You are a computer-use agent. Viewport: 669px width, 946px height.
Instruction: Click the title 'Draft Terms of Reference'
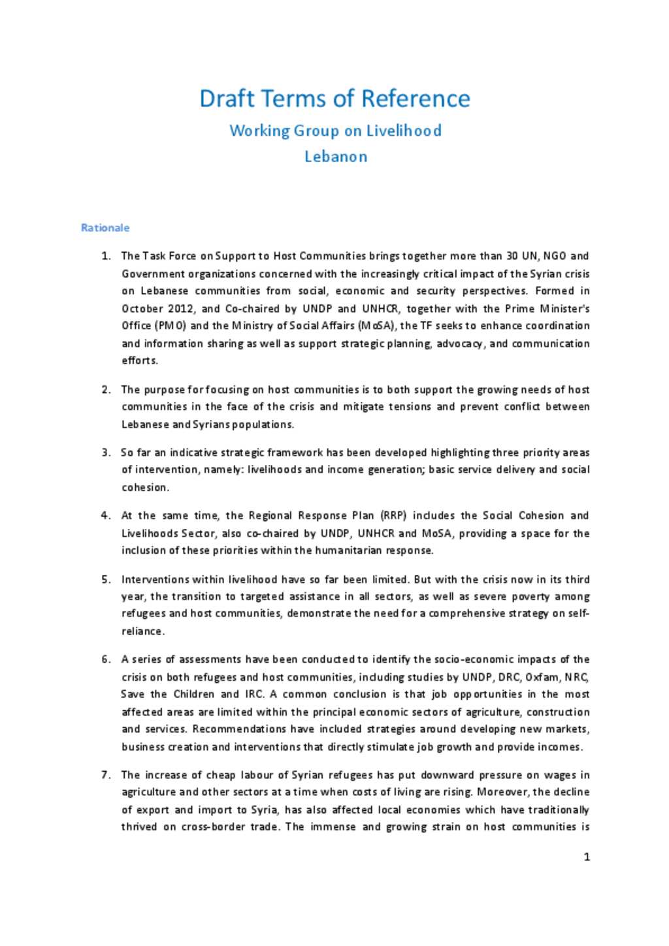coord(334,99)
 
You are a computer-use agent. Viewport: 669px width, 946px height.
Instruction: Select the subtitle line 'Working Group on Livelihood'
coord(335,131)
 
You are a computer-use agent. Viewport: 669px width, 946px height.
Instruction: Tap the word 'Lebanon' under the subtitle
coord(336,157)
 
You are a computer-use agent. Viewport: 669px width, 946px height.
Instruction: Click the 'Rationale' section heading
coord(105,228)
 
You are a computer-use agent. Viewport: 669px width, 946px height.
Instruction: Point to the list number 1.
coord(106,256)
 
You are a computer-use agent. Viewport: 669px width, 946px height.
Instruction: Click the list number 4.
coord(106,516)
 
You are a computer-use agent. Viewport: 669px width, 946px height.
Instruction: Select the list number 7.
coord(106,775)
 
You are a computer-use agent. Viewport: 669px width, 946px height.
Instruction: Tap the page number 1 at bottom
coord(587,857)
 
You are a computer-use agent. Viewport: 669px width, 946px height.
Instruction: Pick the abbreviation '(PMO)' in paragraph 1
coord(171,326)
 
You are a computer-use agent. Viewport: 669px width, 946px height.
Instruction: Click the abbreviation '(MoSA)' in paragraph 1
coord(377,326)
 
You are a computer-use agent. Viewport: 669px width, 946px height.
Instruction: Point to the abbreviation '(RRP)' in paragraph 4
coord(394,516)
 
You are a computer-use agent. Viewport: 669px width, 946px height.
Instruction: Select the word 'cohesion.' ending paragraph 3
coord(145,487)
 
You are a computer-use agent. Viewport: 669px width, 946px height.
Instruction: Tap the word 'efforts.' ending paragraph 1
coord(140,360)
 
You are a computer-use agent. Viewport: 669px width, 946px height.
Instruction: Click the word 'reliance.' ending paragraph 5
coord(143,631)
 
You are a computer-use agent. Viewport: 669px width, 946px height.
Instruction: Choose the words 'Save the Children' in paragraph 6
coord(167,695)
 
